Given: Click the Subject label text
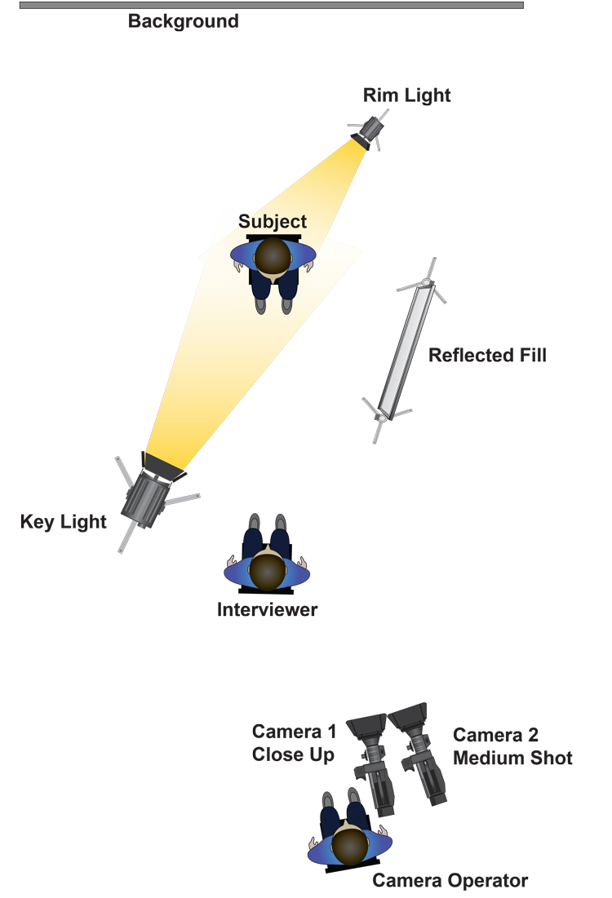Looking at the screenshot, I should pyautogui.click(x=273, y=222).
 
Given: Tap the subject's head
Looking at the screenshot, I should pyautogui.click(x=272, y=255).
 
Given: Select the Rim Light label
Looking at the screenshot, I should pyautogui.click(x=407, y=96).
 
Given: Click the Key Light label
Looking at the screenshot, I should pyautogui.click(x=64, y=522).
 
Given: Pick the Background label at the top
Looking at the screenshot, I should pyautogui.click(x=183, y=21).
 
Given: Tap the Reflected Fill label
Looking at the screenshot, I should pyautogui.click(x=486, y=355).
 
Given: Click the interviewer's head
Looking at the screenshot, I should pyautogui.click(x=267, y=570).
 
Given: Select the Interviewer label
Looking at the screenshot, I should pyautogui.click(x=267, y=610).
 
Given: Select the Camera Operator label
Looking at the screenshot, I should pyautogui.click(x=450, y=881).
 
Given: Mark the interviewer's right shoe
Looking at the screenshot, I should pyautogui.click(x=280, y=522).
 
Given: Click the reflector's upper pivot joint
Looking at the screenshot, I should pyautogui.click(x=426, y=283).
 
